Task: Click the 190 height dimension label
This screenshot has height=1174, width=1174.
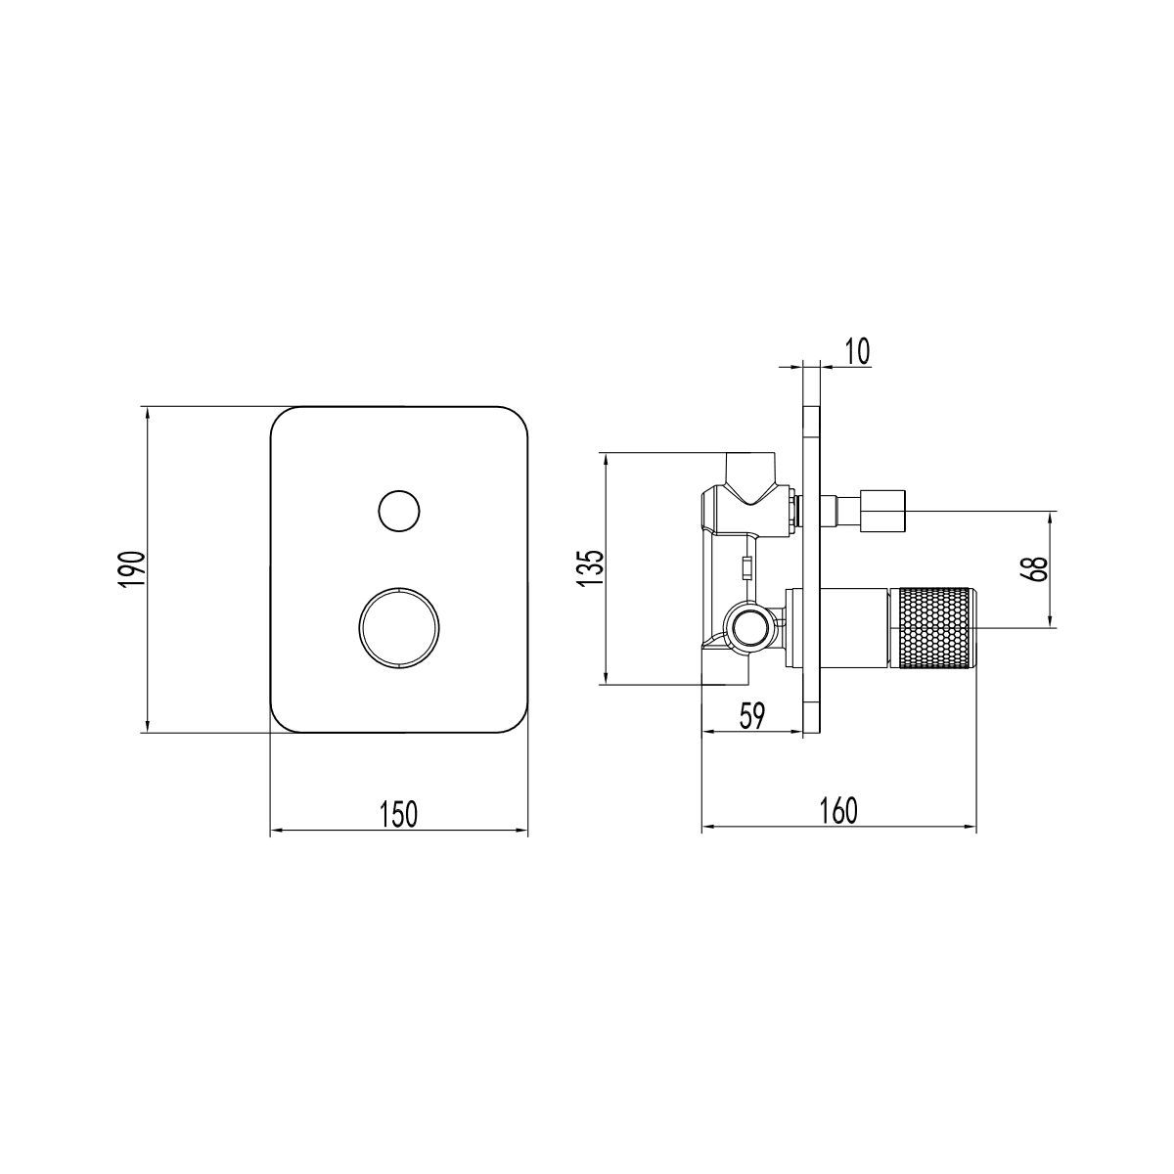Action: click(132, 568)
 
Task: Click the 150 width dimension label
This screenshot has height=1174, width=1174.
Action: click(399, 814)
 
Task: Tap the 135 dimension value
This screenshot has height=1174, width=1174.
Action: click(590, 567)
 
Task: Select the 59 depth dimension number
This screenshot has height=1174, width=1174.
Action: click(751, 716)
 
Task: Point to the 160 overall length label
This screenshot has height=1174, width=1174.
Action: click(839, 810)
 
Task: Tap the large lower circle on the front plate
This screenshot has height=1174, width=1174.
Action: click(399, 629)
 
